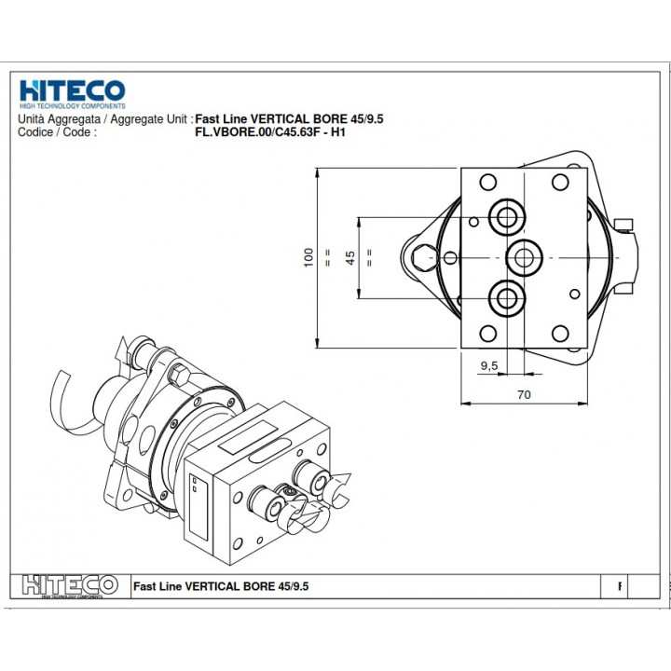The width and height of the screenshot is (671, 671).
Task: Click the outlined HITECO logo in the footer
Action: coord(70,585)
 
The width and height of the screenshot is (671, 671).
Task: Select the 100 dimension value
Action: coord(308,257)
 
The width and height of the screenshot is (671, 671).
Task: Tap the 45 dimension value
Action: coord(350,257)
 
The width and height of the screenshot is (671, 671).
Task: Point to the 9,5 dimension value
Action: coord(489,365)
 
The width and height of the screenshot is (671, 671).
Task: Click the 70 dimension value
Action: coord(524,394)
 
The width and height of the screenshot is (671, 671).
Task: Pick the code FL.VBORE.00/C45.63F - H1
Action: coord(270,132)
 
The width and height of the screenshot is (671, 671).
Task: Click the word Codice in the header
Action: coord(35,132)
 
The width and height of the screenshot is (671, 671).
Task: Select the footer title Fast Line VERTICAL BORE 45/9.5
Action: coord(221,586)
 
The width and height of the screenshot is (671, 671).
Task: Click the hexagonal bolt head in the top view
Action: coord(424,257)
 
